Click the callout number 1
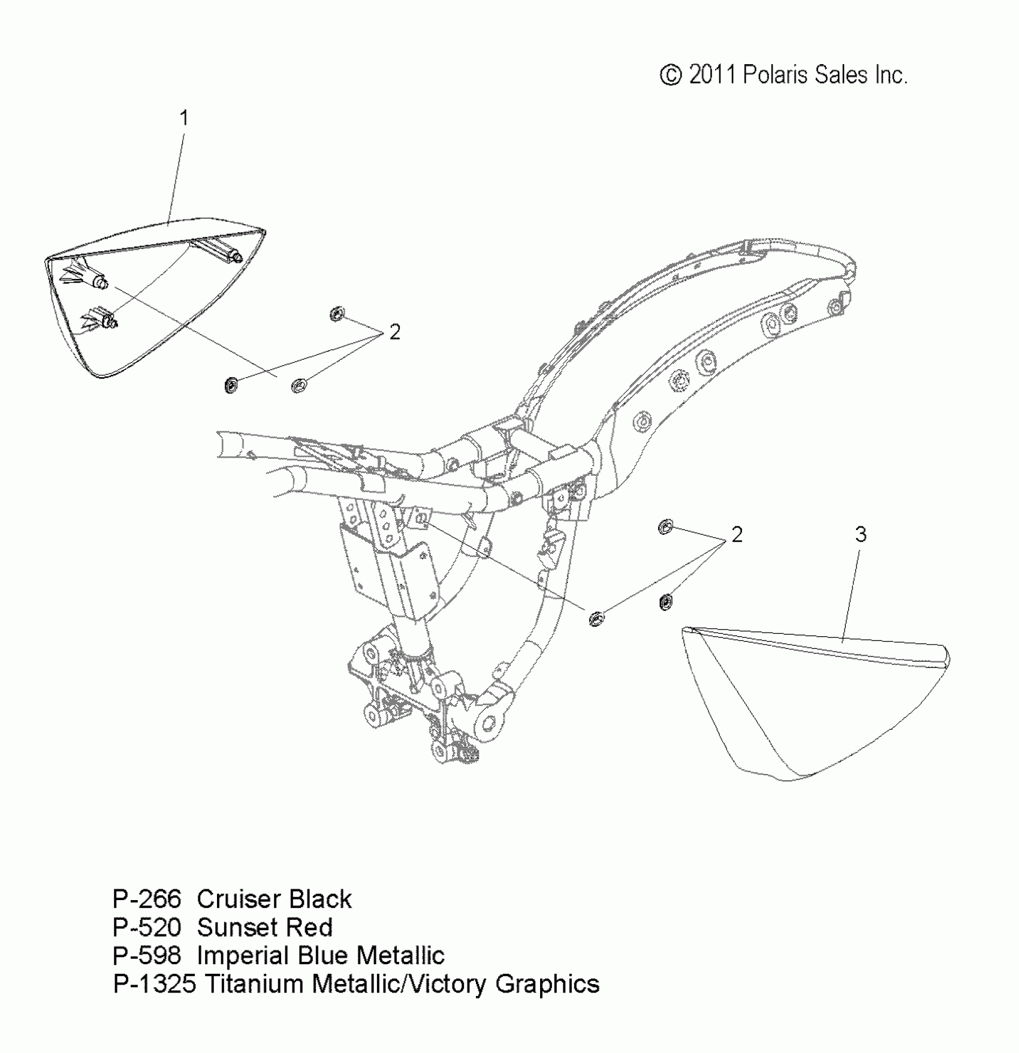click(185, 118)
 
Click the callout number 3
click(861, 534)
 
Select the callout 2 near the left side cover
click(394, 332)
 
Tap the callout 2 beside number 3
click(737, 534)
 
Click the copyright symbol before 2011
click(671, 76)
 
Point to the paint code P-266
click(147, 899)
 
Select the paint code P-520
click(147, 928)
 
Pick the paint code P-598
click(147, 956)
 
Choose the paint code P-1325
click(155, 984)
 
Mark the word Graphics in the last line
click(547, 984)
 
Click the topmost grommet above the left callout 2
click(337, 313)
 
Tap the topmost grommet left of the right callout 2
click(665, 527)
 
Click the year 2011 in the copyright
click(712, 75)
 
